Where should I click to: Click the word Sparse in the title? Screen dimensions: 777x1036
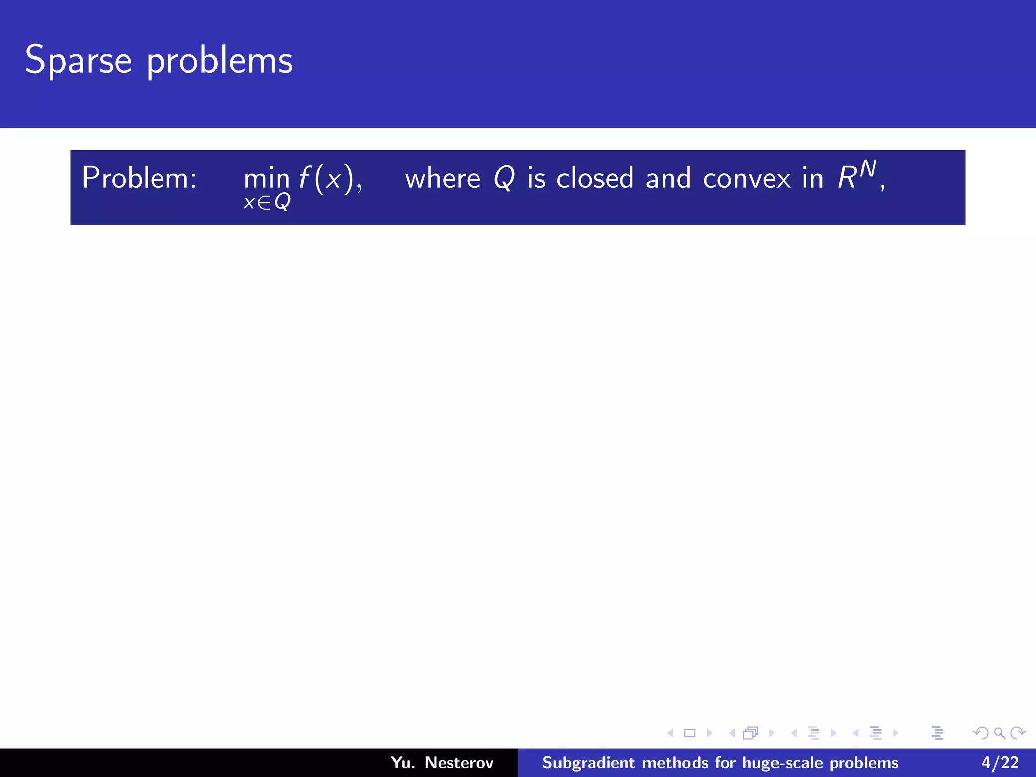point(78,61)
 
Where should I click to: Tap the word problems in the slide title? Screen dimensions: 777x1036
point(220,62)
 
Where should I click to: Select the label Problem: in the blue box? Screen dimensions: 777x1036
point(139,178)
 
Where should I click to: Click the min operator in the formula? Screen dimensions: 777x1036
point(267,179)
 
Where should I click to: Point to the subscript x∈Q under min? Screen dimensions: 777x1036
point(267,203)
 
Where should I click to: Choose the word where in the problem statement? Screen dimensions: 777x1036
point(442,179)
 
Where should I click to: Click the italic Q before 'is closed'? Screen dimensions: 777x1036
point(504,179)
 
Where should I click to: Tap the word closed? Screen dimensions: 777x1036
point(595,179)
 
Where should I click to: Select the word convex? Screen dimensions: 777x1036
point(747,179)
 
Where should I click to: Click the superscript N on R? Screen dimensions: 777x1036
point(868,169)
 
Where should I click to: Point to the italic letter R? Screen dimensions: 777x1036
point(847,179)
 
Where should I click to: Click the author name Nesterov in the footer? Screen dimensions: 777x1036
point(459,762)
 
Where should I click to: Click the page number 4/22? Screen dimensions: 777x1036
point(1000,762)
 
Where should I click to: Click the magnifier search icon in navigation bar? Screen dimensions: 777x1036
point(999,733)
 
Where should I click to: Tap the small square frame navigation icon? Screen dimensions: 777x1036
point(689,733)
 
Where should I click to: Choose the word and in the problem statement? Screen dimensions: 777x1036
point(668,179)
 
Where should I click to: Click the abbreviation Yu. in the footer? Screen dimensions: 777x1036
point(403,762)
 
